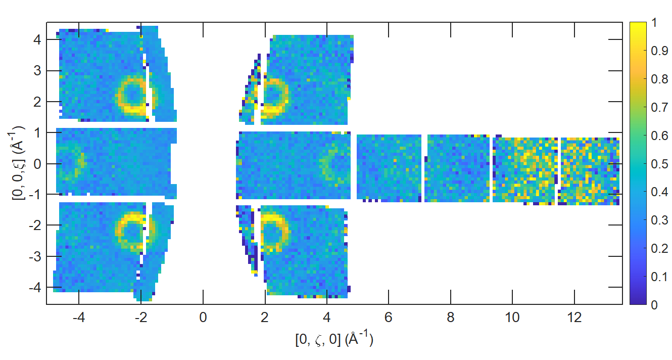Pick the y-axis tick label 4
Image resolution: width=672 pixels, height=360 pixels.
[x=37, y=39]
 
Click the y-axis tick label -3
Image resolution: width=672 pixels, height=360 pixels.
[x=34, y=256]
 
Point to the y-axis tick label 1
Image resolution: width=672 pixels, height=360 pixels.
[x=37, y=132]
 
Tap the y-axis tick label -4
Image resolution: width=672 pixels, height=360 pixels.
[x=34, y=287]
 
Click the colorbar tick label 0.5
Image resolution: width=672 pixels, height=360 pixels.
[x=659, y=164]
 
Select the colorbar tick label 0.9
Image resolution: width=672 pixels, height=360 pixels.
[x=659, y=51]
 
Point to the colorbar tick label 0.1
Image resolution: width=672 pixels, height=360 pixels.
[x=659, y=277]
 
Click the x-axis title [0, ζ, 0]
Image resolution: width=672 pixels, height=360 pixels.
[x=334, y=339]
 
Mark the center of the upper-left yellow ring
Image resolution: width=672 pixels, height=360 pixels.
[x=133, y=95]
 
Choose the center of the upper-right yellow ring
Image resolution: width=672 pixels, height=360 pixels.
[x=273, y=95]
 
